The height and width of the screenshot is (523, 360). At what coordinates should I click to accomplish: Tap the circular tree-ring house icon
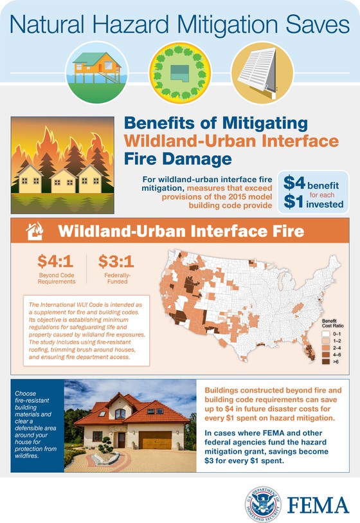(x=179, y=72)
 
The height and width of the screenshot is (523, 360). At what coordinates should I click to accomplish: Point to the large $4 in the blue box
(x=294, y=183)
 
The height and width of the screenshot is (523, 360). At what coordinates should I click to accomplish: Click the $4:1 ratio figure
(x=55, y=261)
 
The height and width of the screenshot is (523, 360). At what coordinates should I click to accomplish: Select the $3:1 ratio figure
(x=116, y=261)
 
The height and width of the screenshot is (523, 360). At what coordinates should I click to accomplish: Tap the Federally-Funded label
(x=118, y=279)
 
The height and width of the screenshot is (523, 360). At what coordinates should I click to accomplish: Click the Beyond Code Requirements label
(x=57, y=279)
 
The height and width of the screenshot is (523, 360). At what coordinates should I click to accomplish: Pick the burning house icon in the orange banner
(x=35, y=231)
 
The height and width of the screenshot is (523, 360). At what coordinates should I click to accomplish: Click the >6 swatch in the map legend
(x=326, y=362)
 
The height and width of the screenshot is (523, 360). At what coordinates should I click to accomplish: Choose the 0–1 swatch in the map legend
(x=326, y=334)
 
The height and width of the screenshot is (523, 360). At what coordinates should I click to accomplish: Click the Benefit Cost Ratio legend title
(x=332, y=323)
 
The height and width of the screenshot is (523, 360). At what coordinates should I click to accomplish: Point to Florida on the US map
(x=309, y=349)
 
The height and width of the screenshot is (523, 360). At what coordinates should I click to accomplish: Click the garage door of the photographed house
(x=156, y=440)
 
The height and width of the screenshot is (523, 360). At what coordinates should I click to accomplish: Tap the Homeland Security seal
(x=263, y=504)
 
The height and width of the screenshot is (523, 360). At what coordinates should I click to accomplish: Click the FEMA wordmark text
(x=318, y=505)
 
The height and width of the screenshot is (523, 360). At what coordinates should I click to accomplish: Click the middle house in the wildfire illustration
(x=63, y=181)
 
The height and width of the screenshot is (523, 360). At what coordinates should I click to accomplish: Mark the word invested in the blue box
(x=325, y=204)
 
